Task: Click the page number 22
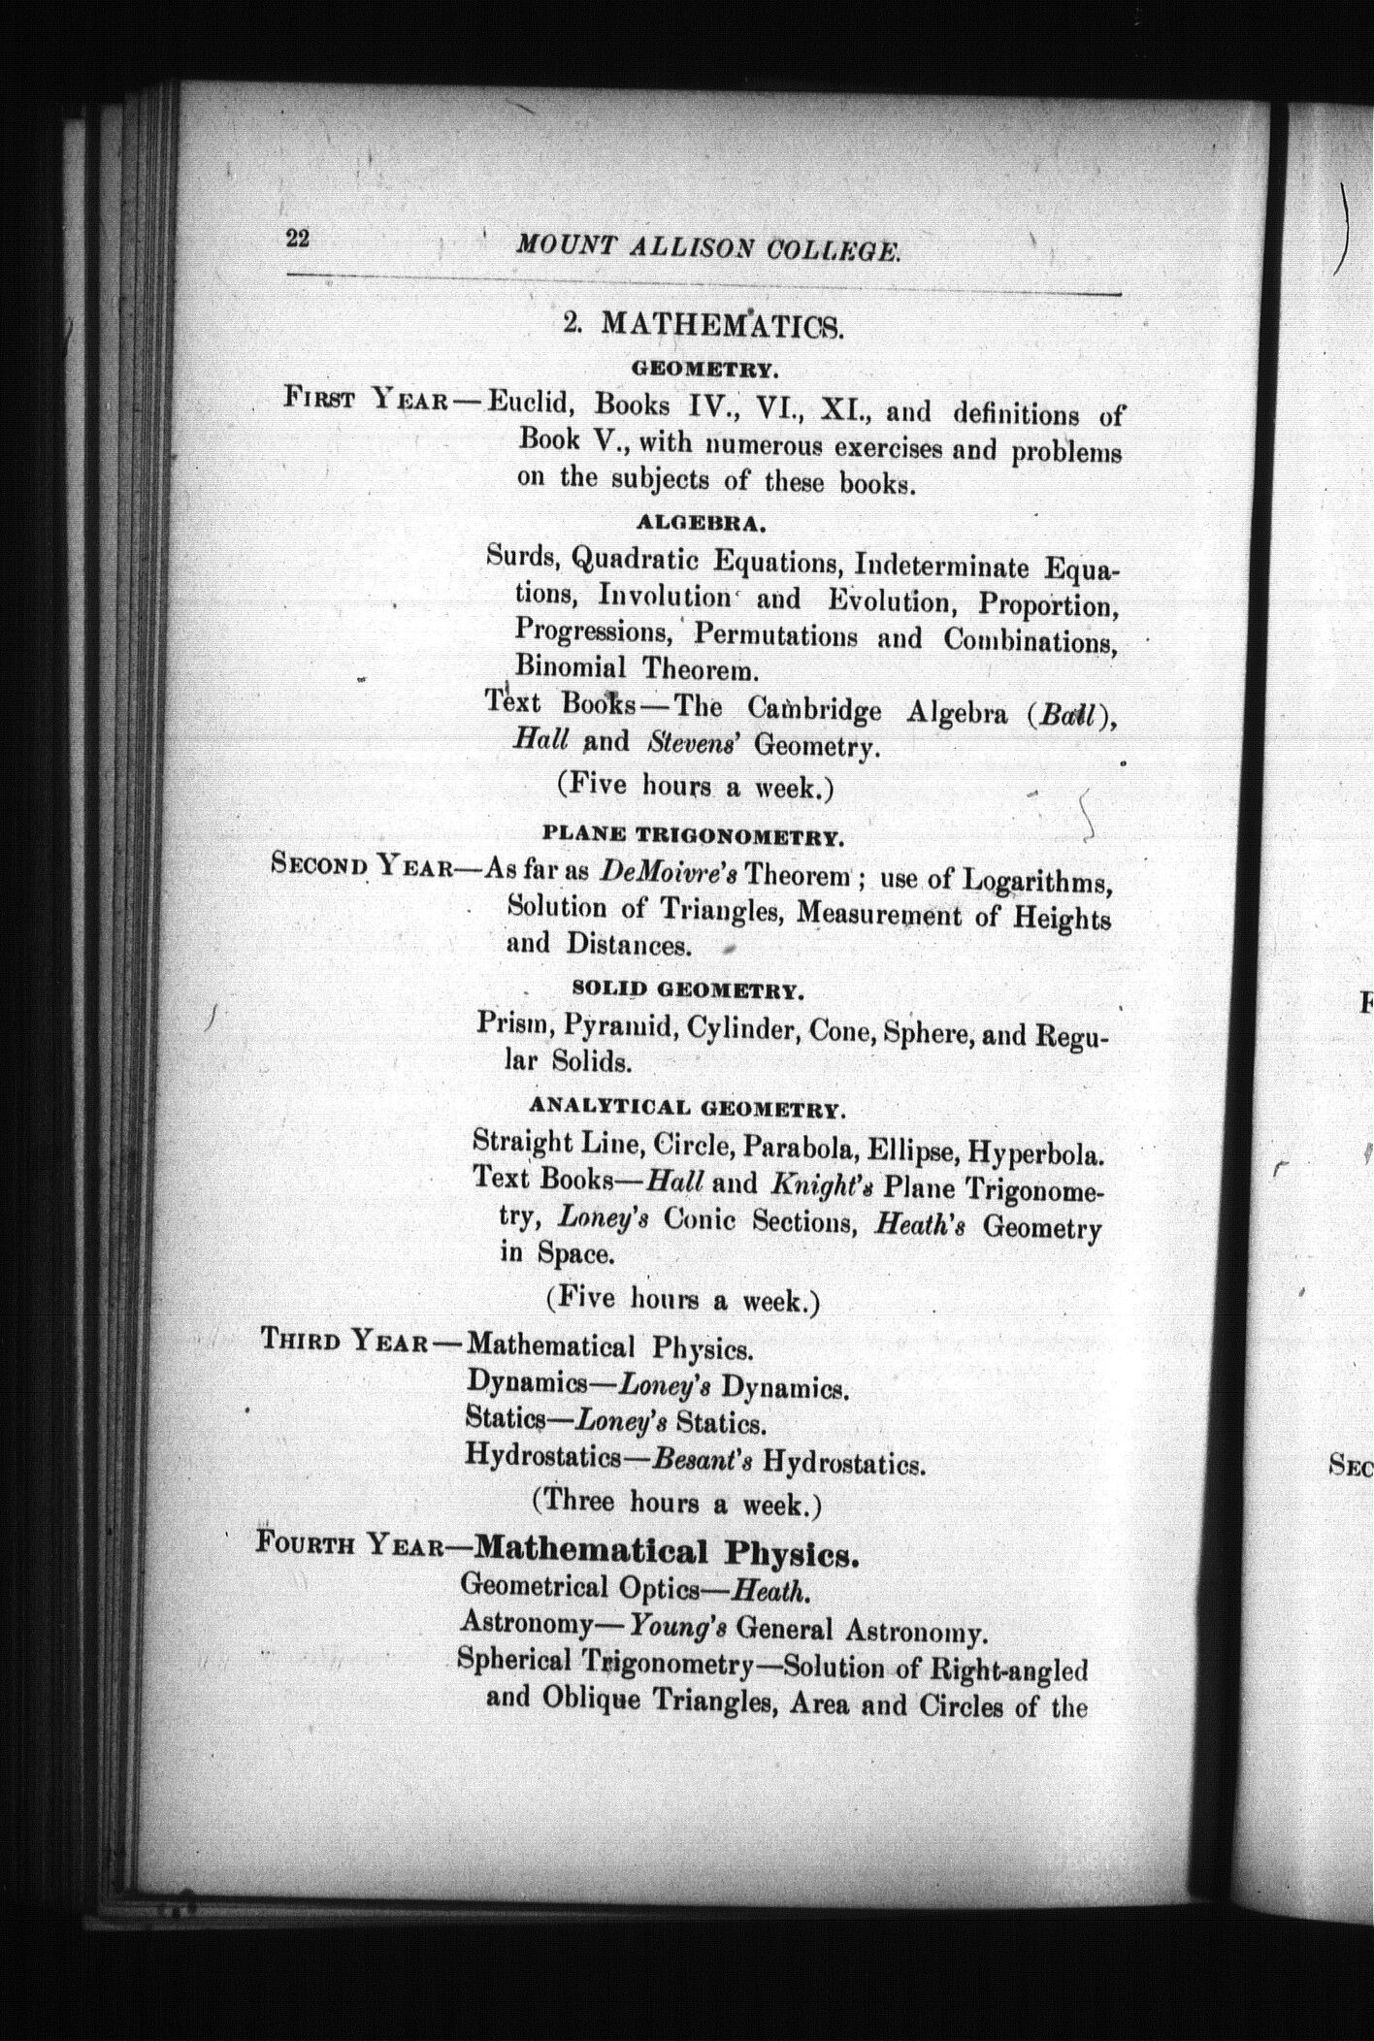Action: (297, 238)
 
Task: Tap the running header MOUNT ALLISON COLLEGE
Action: (708, 249)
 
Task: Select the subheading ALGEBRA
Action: (702, 523)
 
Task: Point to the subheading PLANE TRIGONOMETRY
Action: (691, 834)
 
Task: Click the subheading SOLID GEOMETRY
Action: (688, 990)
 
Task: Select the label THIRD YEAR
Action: (345, 1342)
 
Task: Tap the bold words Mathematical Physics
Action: (667, 1552)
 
